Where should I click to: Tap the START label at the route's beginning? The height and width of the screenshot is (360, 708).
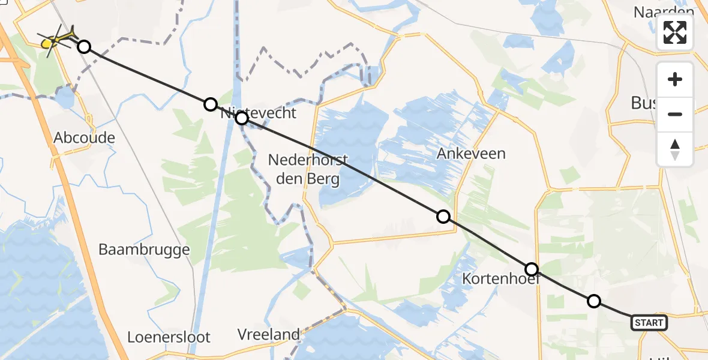[649, 323]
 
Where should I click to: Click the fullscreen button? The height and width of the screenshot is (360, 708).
[675, 32]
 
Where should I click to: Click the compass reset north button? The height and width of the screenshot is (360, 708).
[675, 149]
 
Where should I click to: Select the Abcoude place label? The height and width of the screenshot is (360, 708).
[84, 137]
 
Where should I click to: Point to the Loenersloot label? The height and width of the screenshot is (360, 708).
[169, 337]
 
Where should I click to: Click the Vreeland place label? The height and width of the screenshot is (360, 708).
[268, 334]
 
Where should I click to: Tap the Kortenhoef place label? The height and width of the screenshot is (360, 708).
[501, 279]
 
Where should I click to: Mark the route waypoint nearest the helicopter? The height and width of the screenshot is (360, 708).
[84, 47]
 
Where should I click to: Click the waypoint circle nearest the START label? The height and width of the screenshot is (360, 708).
[593, 301]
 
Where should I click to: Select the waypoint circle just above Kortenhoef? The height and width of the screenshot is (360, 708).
[531, 269]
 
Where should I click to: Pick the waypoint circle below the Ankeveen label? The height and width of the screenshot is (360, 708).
[443, 217]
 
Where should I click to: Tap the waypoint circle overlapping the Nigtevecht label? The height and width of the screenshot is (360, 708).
[242, 118]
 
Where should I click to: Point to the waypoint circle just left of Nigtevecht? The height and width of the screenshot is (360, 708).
[210, 104]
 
